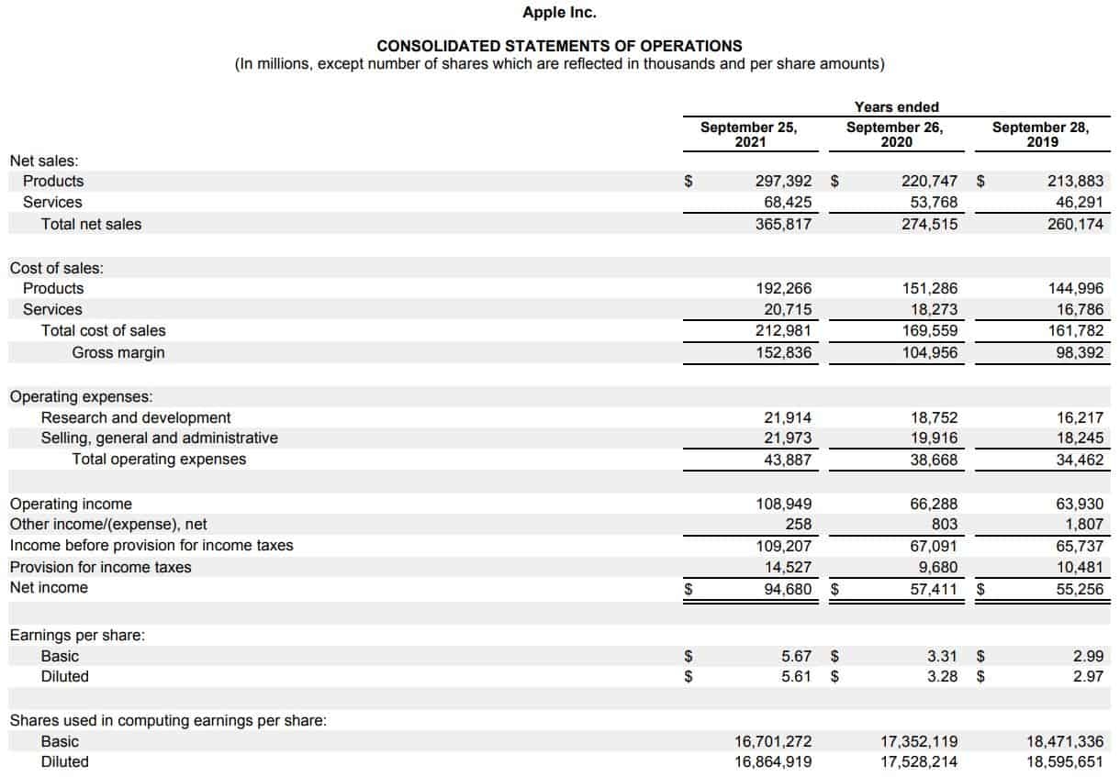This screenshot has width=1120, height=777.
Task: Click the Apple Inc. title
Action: coord(559,13)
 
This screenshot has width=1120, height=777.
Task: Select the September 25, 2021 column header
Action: coord(748,134)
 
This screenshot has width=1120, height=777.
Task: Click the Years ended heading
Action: coord(896,107)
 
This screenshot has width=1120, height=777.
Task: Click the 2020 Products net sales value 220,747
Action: coord(928,182)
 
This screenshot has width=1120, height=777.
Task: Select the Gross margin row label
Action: coord(118,353)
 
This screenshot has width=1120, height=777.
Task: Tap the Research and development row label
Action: coord(136,418)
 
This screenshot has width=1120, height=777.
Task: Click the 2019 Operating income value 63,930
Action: coord(1078,505)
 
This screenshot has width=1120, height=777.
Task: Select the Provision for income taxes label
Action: coord(100,567)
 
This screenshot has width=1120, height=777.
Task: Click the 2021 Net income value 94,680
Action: coord(786,589)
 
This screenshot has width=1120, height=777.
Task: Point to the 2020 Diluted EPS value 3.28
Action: coord(942,677)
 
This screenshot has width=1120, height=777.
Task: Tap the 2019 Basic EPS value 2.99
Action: coord(1088,657)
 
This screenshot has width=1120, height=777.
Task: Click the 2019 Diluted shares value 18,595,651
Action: coord(1065,762)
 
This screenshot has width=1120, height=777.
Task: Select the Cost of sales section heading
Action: coord(56,268)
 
